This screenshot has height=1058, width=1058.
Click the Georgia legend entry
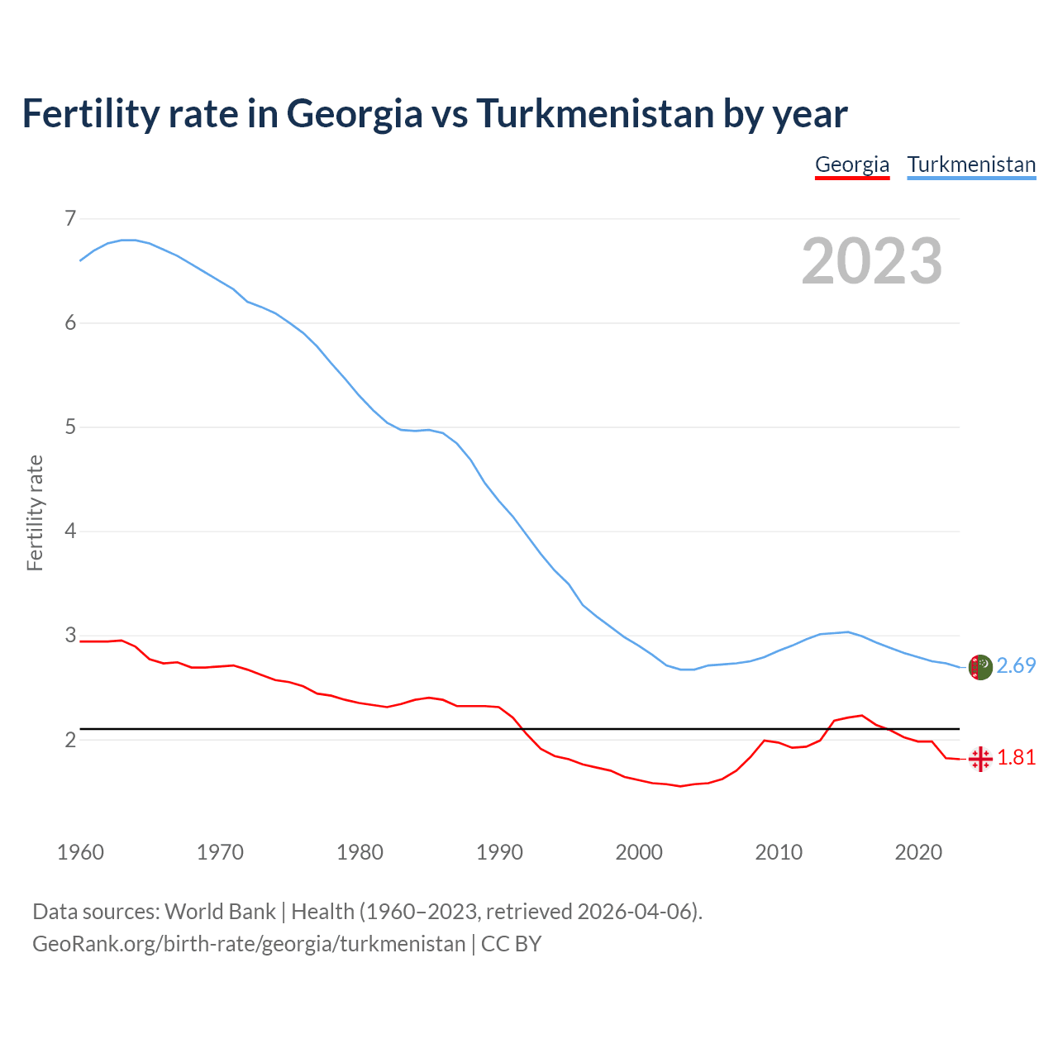(852, 164)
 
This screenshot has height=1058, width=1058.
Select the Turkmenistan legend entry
(971, 164)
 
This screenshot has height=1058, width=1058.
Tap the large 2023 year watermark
(872, 261)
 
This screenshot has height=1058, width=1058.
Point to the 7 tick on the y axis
(70, 219)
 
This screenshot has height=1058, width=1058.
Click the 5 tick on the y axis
(70, 427)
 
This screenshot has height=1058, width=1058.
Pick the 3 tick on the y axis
(70, 636)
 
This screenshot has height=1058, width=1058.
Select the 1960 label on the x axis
(80, 852)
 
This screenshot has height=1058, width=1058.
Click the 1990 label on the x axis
(499, 852)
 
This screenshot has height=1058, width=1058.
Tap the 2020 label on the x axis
(918, 852)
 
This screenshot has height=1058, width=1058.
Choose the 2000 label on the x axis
(639, 852)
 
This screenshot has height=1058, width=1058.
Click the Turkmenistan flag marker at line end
(980, 667)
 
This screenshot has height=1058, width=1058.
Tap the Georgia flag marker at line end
(980, 759)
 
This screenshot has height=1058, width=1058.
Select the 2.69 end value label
(1016, 666)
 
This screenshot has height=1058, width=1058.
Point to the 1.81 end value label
(1016, 758)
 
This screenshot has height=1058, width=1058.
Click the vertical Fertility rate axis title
(35, 512)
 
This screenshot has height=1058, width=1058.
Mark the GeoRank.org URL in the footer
(249, 944)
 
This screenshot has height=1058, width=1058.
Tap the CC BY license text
(511, 944)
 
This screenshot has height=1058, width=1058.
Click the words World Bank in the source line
(220, 912)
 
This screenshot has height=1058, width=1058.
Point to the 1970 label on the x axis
(220, 852)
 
